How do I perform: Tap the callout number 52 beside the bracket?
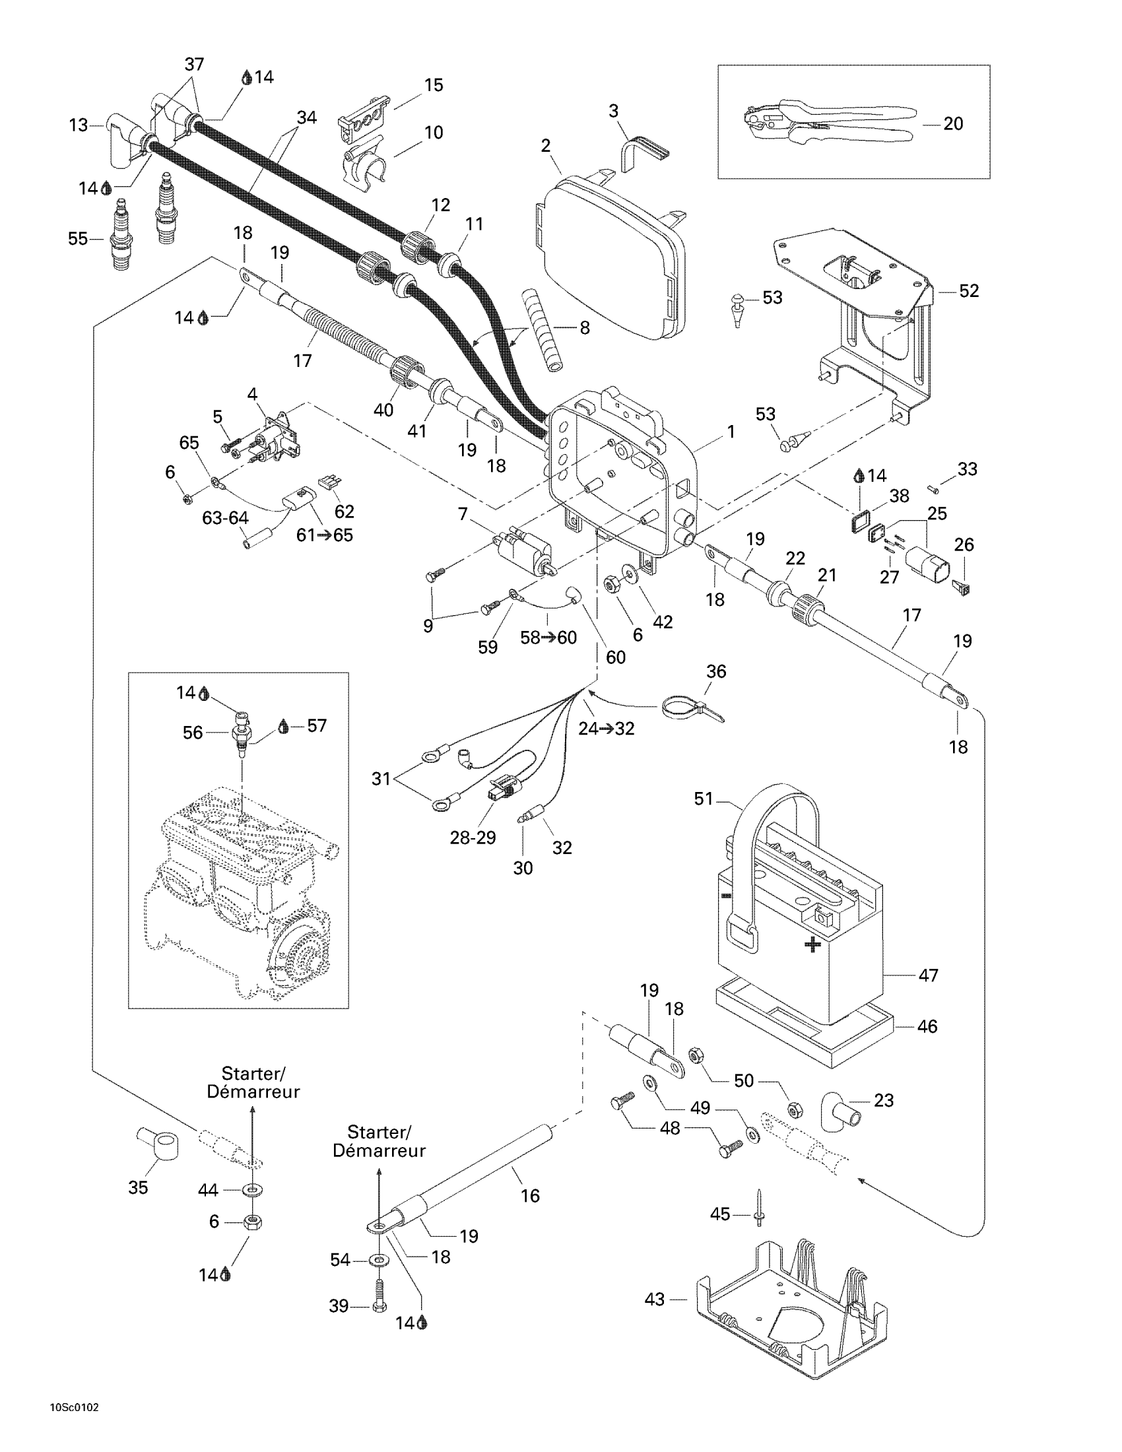point(968,291)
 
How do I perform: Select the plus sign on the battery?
point(812,944)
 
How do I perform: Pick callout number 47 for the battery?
point(928,975)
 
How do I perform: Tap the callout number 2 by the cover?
point(546,146)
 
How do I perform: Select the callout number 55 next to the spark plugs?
point(78,238)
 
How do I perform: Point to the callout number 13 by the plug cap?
point(79,125)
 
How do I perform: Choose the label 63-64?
point(225,518)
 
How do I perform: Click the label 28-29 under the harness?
point(473,838)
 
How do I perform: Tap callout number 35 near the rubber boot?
point(138,1187)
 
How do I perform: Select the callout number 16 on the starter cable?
point(530,1196)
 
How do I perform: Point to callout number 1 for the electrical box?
point(731,432)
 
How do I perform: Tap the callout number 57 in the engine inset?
point(317,725)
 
